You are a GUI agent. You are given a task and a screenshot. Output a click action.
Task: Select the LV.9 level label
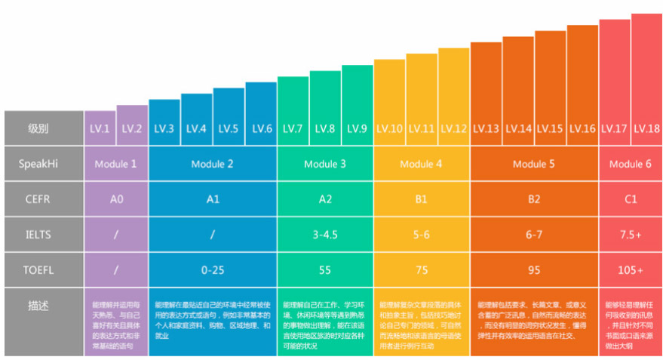(x=358, y=129)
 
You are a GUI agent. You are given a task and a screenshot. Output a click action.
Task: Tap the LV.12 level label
(x=454, y=129)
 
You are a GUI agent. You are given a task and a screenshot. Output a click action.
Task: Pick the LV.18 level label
(x=646, y=129)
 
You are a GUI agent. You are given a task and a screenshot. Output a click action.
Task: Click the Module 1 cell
(x=116, y=164)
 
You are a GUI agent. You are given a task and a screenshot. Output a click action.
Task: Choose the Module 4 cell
(x=421, y=164)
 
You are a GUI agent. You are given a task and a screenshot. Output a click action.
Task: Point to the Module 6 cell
(x=630, y=164)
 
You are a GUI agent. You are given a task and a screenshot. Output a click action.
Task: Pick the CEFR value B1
(x=421, y=199)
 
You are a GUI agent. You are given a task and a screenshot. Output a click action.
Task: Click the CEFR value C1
(x=630, y=199)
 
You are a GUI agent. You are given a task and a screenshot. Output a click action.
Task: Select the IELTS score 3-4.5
(x=325, y=235)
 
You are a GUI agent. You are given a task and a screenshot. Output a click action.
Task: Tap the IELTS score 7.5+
(x=630, y=235)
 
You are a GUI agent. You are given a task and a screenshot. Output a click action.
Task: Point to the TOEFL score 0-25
(x=213, y=269)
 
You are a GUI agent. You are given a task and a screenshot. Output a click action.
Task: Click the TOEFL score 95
(x=534, y=269)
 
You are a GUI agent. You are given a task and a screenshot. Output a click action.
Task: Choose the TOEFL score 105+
(x=630, y=269)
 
